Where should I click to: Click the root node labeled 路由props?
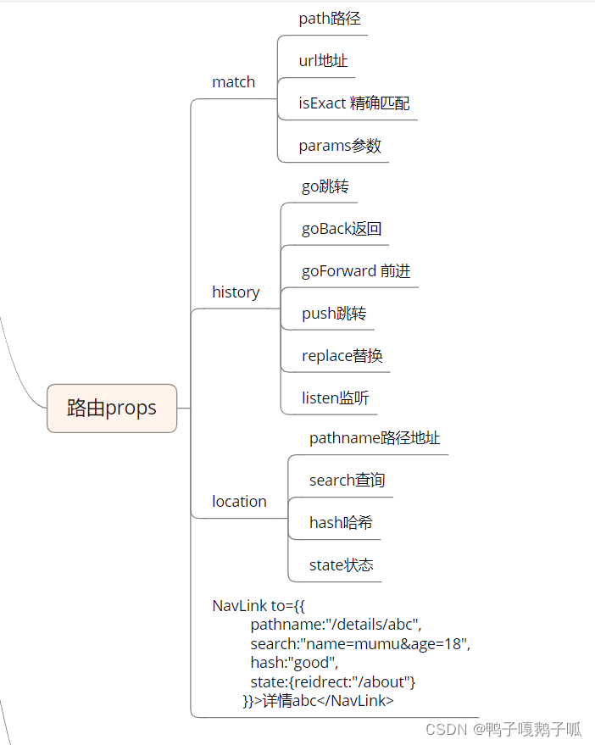pyautogui.click(x=112, y=408)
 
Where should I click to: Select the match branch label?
pyautogui.click(x=233, y=82)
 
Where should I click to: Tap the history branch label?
pyautogui.click(x=236, y=292)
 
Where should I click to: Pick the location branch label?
pyautogui.click(x=239, y=502)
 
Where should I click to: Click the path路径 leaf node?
pyautogui.click(x=330, y=18)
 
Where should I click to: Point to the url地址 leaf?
pyautogui.click(x=323, y=60)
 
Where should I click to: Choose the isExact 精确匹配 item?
pyautogui.click(x=353, y=103)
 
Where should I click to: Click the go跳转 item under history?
pyautogui.click(x=325, y=186)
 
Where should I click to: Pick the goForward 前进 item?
pyautogui.click(x=356, y=271)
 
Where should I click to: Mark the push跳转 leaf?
pyautogui.click(x=334, y=314)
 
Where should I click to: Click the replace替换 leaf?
pyautogui.click(x=342, y=356)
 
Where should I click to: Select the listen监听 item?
pyautogui.click(x=335, y=398)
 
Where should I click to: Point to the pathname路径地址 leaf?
pyautogui.click(x=375, y=438)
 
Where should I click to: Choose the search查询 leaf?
pyautogui.click(x=347, y=481)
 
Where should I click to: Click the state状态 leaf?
pyautogui.click(x=341, y=565)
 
